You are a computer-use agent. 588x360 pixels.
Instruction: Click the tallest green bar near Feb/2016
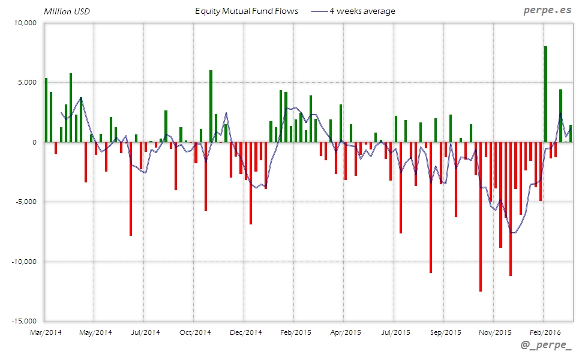545,94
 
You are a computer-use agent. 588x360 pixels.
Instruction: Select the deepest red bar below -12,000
481,217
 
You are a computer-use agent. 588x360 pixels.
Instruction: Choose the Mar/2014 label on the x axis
45,332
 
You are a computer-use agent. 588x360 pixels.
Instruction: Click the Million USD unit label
67,11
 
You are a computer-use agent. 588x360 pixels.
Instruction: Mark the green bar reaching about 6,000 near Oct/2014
211,106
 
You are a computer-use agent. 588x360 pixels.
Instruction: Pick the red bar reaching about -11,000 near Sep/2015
431,207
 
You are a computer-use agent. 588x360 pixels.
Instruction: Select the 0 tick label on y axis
35,142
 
